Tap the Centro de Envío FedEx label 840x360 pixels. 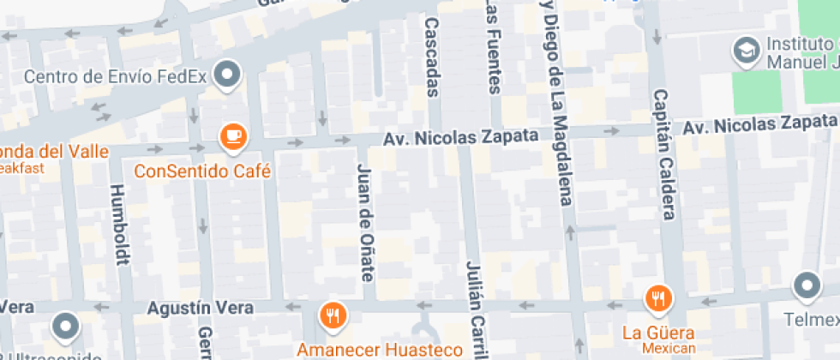[116, 76]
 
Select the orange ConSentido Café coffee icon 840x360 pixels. [232, 135]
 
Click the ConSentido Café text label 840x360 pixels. [202, 171]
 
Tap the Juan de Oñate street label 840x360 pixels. [366, 222]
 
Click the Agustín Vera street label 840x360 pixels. [201, 307]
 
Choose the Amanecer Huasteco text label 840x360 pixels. [380, 349]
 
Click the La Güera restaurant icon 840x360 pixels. [658, 298]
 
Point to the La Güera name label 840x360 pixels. [658, 332]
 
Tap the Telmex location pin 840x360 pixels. [807, 285]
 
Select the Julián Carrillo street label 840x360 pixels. [474, 309]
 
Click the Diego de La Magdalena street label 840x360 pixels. [555, 103]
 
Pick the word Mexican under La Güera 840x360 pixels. [658, 348]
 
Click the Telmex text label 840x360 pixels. [810, 321]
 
